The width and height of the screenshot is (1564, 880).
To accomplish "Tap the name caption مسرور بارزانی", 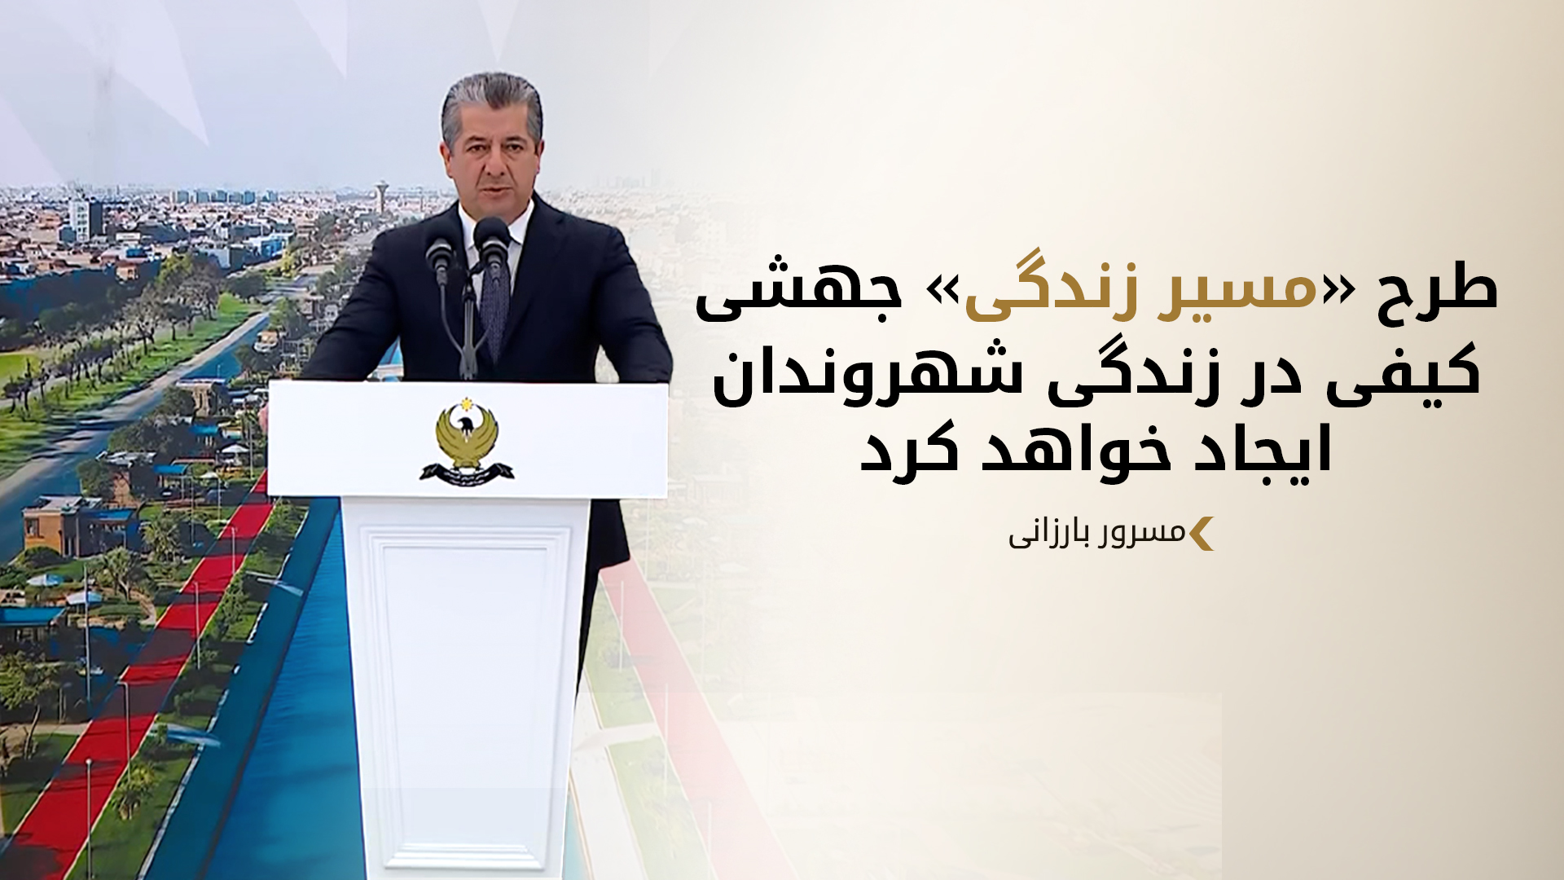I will pyautogui.click(x=1096, y=535).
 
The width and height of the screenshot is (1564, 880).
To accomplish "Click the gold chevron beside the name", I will pyautogui.click(x=1202, y=534).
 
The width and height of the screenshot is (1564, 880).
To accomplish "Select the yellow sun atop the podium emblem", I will pyautogui.click(x=467, y=404).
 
